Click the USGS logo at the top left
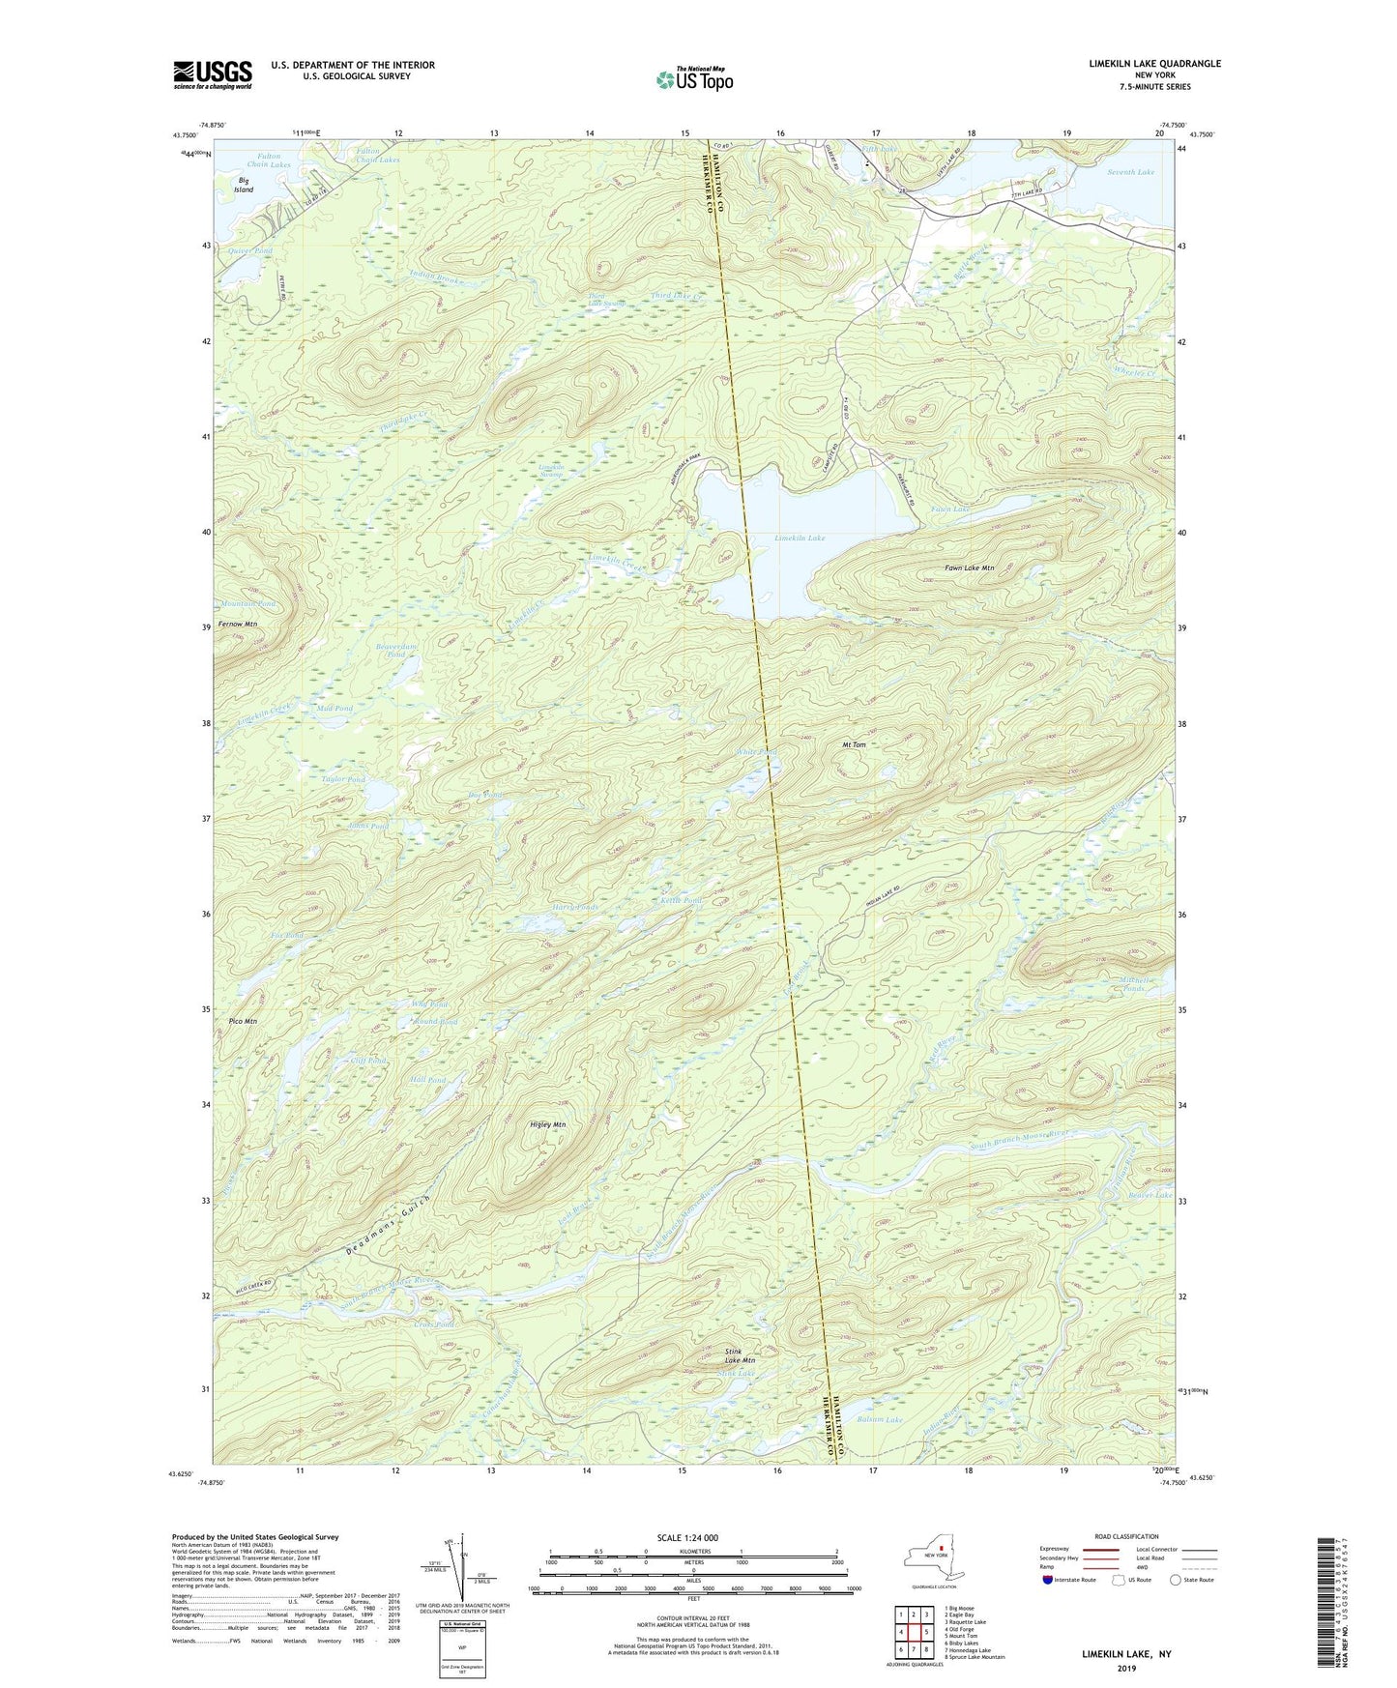coord(213,74)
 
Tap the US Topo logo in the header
coord(693,79)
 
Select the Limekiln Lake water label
coord(800,538)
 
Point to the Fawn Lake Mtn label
coord(969,568)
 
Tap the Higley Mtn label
coord(548,1124)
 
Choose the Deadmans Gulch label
coord(388,1226)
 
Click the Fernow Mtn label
coord(238,625)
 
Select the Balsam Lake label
coord(880,1419)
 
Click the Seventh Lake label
coord(1130,172)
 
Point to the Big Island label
coord(243,185)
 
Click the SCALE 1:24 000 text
coord(687,1537)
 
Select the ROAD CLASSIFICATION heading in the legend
coord(1126,1536)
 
